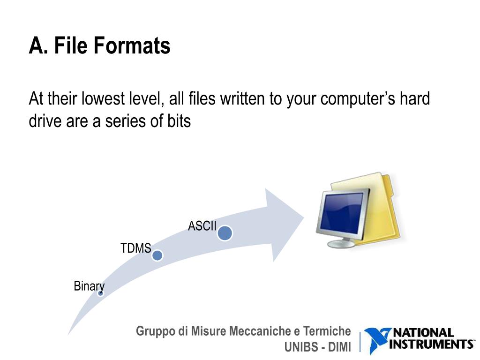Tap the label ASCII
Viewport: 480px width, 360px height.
point(202,226)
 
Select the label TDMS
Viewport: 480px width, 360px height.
point(135,248)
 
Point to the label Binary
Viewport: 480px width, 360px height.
point(89,286)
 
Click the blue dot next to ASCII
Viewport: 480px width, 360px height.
point(225,232)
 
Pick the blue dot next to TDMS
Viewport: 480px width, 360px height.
point(157,255)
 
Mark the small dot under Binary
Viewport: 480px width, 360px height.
point(100,293)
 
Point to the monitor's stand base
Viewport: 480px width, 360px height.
point(342,243)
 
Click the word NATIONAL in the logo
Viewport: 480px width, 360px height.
point(423,333)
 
